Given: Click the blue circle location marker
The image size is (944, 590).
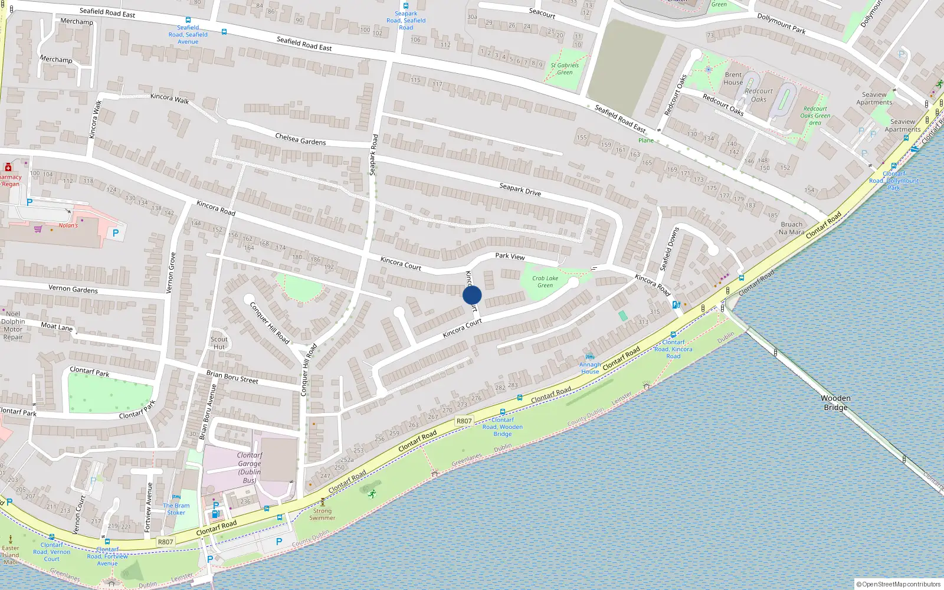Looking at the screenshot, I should click(x=472, y=295).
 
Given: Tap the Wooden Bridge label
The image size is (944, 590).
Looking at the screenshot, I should click(x=835, y=403).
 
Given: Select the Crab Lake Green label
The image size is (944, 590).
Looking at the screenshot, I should click(x=545, y=282).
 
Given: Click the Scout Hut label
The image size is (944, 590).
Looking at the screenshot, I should click(x=219, y=343).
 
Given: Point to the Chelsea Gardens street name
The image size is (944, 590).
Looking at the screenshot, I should click(x=300, y=139).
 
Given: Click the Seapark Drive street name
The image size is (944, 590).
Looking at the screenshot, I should click(x=520, y=189).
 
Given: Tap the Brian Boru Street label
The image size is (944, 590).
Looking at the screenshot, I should click(x=232, y=377).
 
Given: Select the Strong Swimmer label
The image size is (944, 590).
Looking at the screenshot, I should click(x=322, y=514).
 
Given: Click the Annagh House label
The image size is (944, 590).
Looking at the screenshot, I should click(x=590, y=368).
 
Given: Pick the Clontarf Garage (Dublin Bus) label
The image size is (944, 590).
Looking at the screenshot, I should click(x=250, y=468).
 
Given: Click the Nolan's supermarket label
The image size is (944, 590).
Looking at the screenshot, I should click(x=68, y=225).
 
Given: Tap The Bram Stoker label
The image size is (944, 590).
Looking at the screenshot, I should click(x=176, y=509).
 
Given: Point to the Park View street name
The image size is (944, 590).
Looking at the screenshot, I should click(x=510, y=256).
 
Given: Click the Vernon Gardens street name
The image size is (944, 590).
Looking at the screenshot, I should click(x=73, y=289).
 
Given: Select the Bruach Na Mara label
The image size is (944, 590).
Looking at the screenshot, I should click(x=792, y=228).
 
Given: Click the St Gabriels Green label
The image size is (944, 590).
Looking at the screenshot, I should click(x=565, y=69).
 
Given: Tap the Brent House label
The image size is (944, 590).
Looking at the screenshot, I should click(x=733, y=78).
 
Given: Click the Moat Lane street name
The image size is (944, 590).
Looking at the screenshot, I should click(x=57, y=326).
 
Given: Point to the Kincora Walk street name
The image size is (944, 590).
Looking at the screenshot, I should click(x=170, y=99).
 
